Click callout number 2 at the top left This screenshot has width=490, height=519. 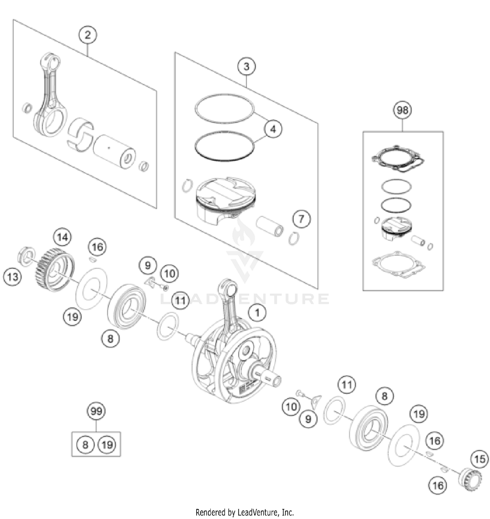87,35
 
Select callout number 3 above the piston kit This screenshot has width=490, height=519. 246,67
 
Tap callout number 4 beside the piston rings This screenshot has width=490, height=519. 273,129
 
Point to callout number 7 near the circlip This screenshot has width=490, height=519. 301,219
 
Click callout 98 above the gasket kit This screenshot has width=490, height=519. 402,110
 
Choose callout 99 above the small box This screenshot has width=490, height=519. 96,411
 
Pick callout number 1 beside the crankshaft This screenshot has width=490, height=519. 257,313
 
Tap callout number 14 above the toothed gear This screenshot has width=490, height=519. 62,237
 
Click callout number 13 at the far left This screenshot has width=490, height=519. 12,277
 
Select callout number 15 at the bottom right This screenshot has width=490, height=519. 480,459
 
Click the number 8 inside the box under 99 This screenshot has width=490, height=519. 85,445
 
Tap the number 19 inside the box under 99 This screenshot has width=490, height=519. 107,445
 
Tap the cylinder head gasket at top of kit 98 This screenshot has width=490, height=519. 398,159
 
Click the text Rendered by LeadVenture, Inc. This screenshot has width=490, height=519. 245,512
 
